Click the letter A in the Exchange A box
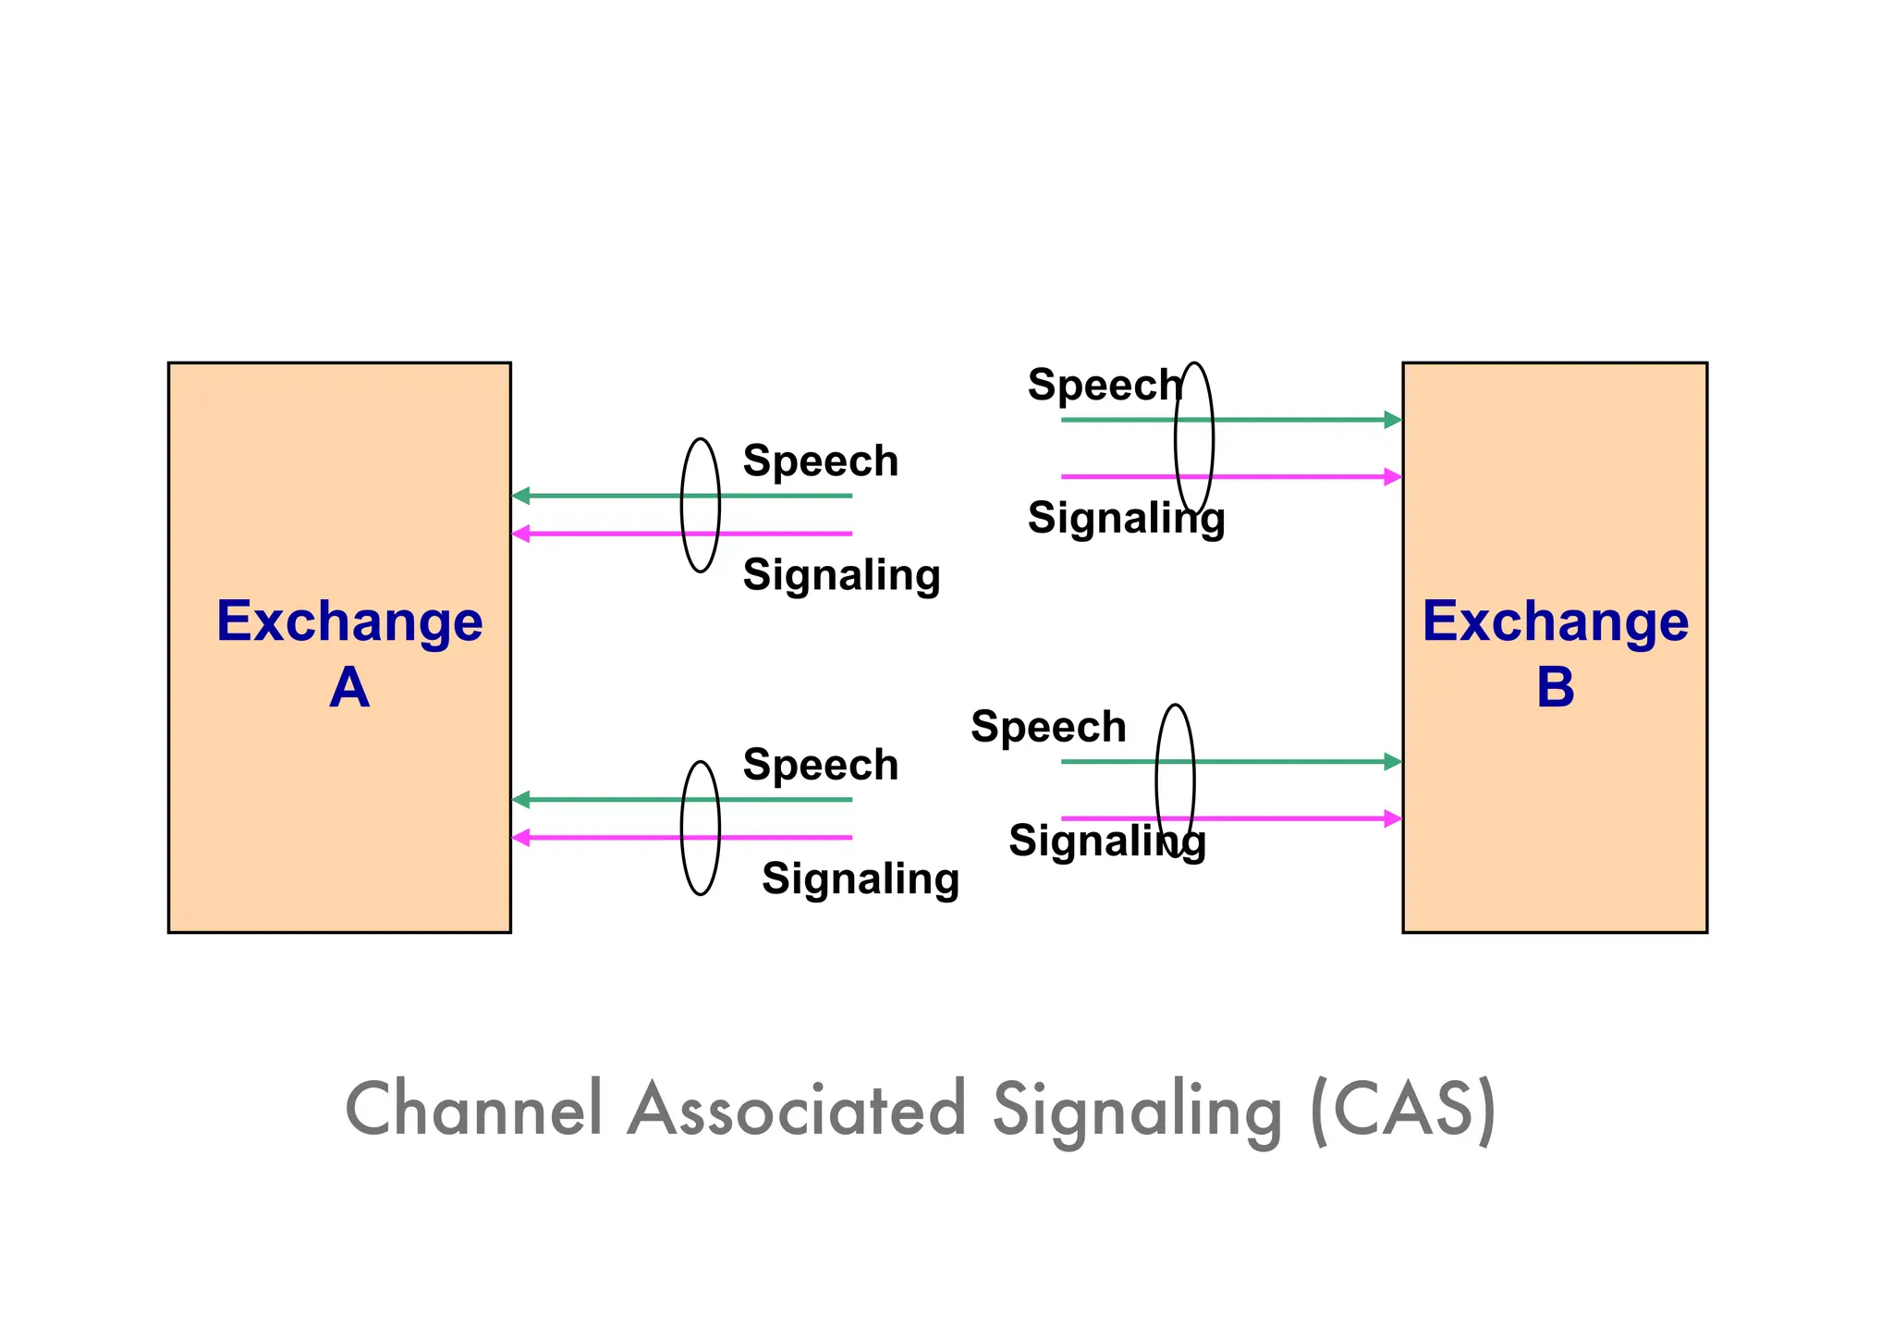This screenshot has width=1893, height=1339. tap(349, 688)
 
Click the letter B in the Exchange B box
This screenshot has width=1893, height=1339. tap(1555, 688)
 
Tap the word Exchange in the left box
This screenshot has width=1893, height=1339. tap(349, 621)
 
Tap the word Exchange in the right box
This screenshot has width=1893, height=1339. tap(1555, 621)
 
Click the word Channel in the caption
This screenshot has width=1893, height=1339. tap(474, 1109)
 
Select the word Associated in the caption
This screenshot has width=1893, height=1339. tap(797, 1109)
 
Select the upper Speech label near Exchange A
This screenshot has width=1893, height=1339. tap(820, 461)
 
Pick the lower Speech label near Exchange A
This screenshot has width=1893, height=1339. tap(820, 765)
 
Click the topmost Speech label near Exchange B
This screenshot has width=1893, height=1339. tap(1104, 385)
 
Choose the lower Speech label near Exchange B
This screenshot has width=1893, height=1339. tap(1048, 727)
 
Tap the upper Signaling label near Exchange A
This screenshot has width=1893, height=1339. tap(841, 575)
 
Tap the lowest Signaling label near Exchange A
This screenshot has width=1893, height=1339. tap(860, 878)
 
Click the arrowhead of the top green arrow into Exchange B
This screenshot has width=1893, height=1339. tap(1392, 420)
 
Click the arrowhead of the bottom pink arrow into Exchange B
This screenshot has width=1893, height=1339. tap(1392, 818)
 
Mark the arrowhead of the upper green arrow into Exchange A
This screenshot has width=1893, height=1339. tap(521, 496)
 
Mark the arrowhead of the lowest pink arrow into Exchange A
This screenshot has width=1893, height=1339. tap(521, 838)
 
